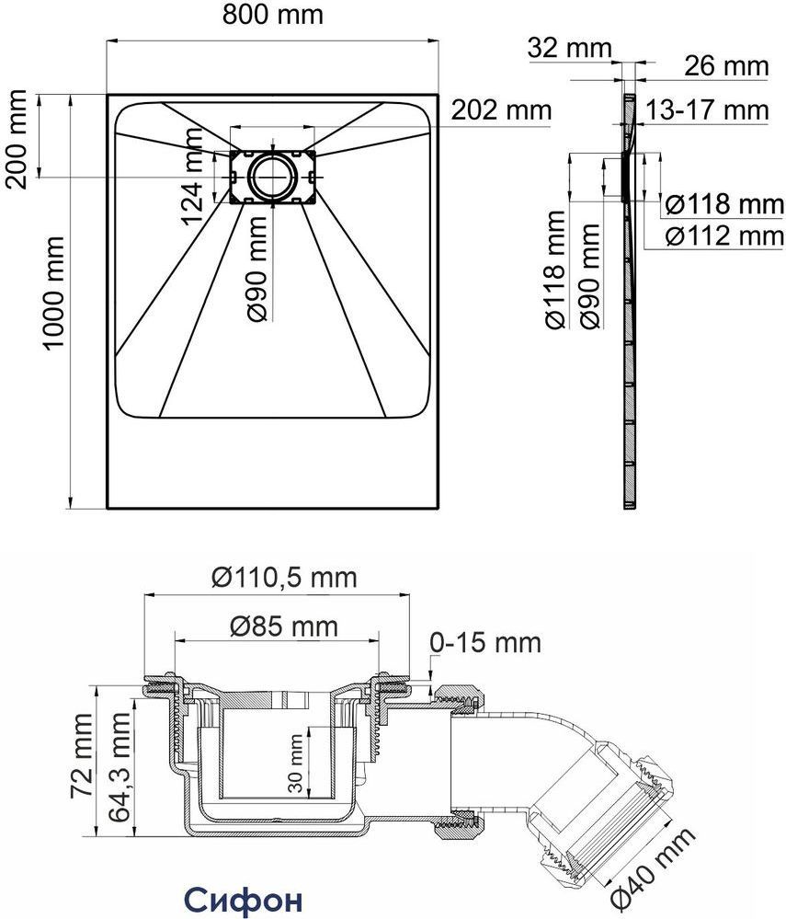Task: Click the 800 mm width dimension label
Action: tap(273, 15)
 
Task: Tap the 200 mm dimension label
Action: tap(17, 139)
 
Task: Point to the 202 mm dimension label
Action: tap(501, 109)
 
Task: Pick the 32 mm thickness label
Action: tap(569, 48)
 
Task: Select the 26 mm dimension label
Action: tap(726, 65)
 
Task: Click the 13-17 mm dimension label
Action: tap(707, 109)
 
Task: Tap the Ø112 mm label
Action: tap(725, 235)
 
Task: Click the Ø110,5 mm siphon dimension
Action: tap(284, 578)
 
